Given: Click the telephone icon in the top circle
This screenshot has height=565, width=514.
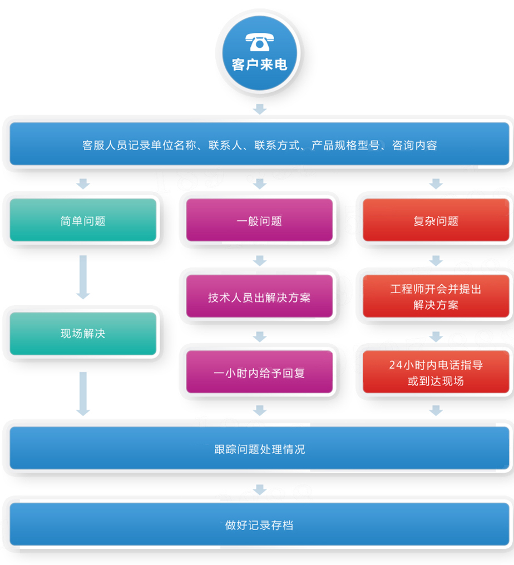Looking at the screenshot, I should (259, 43).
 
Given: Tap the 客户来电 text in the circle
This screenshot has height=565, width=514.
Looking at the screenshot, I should (259, 65).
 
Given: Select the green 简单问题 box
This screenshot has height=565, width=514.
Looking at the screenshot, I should (83, 220).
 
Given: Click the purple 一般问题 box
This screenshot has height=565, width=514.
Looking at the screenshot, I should (259, 220).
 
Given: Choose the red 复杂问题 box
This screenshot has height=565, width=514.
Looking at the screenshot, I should (436, 220).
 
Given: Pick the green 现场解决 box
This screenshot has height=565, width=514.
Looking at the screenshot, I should (83, 334).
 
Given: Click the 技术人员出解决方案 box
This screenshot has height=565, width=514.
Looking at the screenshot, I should (259, 296).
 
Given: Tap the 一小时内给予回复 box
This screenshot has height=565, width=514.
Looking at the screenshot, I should (259, 373).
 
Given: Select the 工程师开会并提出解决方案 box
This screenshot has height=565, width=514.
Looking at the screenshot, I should (436, 296).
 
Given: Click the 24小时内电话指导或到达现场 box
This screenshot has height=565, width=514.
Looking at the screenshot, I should (436, 373).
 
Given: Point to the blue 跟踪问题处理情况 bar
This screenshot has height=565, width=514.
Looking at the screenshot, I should (259, 448).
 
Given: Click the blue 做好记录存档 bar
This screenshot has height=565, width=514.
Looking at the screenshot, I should (259, 524).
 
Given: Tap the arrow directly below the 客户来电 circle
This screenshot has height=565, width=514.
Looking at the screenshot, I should (259, 108).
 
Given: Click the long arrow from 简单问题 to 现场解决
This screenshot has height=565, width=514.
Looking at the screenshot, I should (83, 277).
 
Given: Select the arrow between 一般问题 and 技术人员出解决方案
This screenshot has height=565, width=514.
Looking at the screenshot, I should (259, 260).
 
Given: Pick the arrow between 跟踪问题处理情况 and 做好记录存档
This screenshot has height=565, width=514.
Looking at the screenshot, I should (259, 489).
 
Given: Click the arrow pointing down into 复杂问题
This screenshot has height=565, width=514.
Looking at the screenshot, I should (436, 183).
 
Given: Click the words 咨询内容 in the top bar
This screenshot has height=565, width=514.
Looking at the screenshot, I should (414, 145).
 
